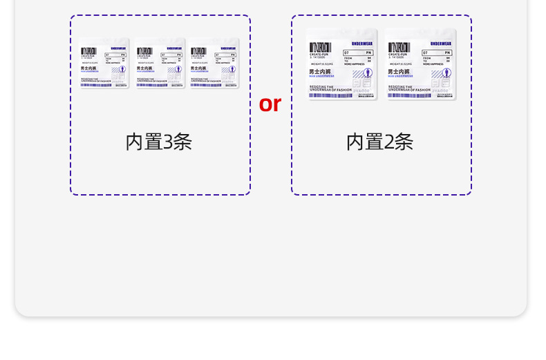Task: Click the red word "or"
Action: click(x=270, y=104)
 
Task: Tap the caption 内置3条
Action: click(x=158, y=142)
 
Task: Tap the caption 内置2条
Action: click(x=379, y=142)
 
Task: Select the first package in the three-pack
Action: click(x=104, y=63)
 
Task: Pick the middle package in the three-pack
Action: click(x=160, y=63)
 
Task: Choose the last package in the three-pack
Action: click(x=214, y=63)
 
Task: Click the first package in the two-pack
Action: click(x=341, y=64)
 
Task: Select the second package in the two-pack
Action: click(x=420, y=64)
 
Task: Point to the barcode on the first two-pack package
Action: click(x=321, y=48)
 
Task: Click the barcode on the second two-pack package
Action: click(x=399, y=48)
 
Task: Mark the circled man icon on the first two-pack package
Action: click(x=368, y=73)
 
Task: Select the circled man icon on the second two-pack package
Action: click(x=446, y=73)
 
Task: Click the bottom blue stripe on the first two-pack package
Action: click(x=330, y=95)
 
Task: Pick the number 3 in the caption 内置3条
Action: click(x=167, y=142)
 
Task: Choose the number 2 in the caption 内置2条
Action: click(x=388, y=142)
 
